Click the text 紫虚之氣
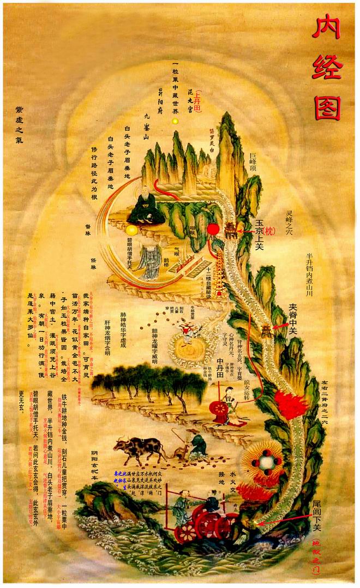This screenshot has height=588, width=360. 20,121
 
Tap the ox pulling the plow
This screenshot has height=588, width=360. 139,448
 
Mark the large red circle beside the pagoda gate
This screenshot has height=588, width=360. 213,229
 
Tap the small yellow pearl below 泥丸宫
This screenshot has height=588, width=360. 175,120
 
